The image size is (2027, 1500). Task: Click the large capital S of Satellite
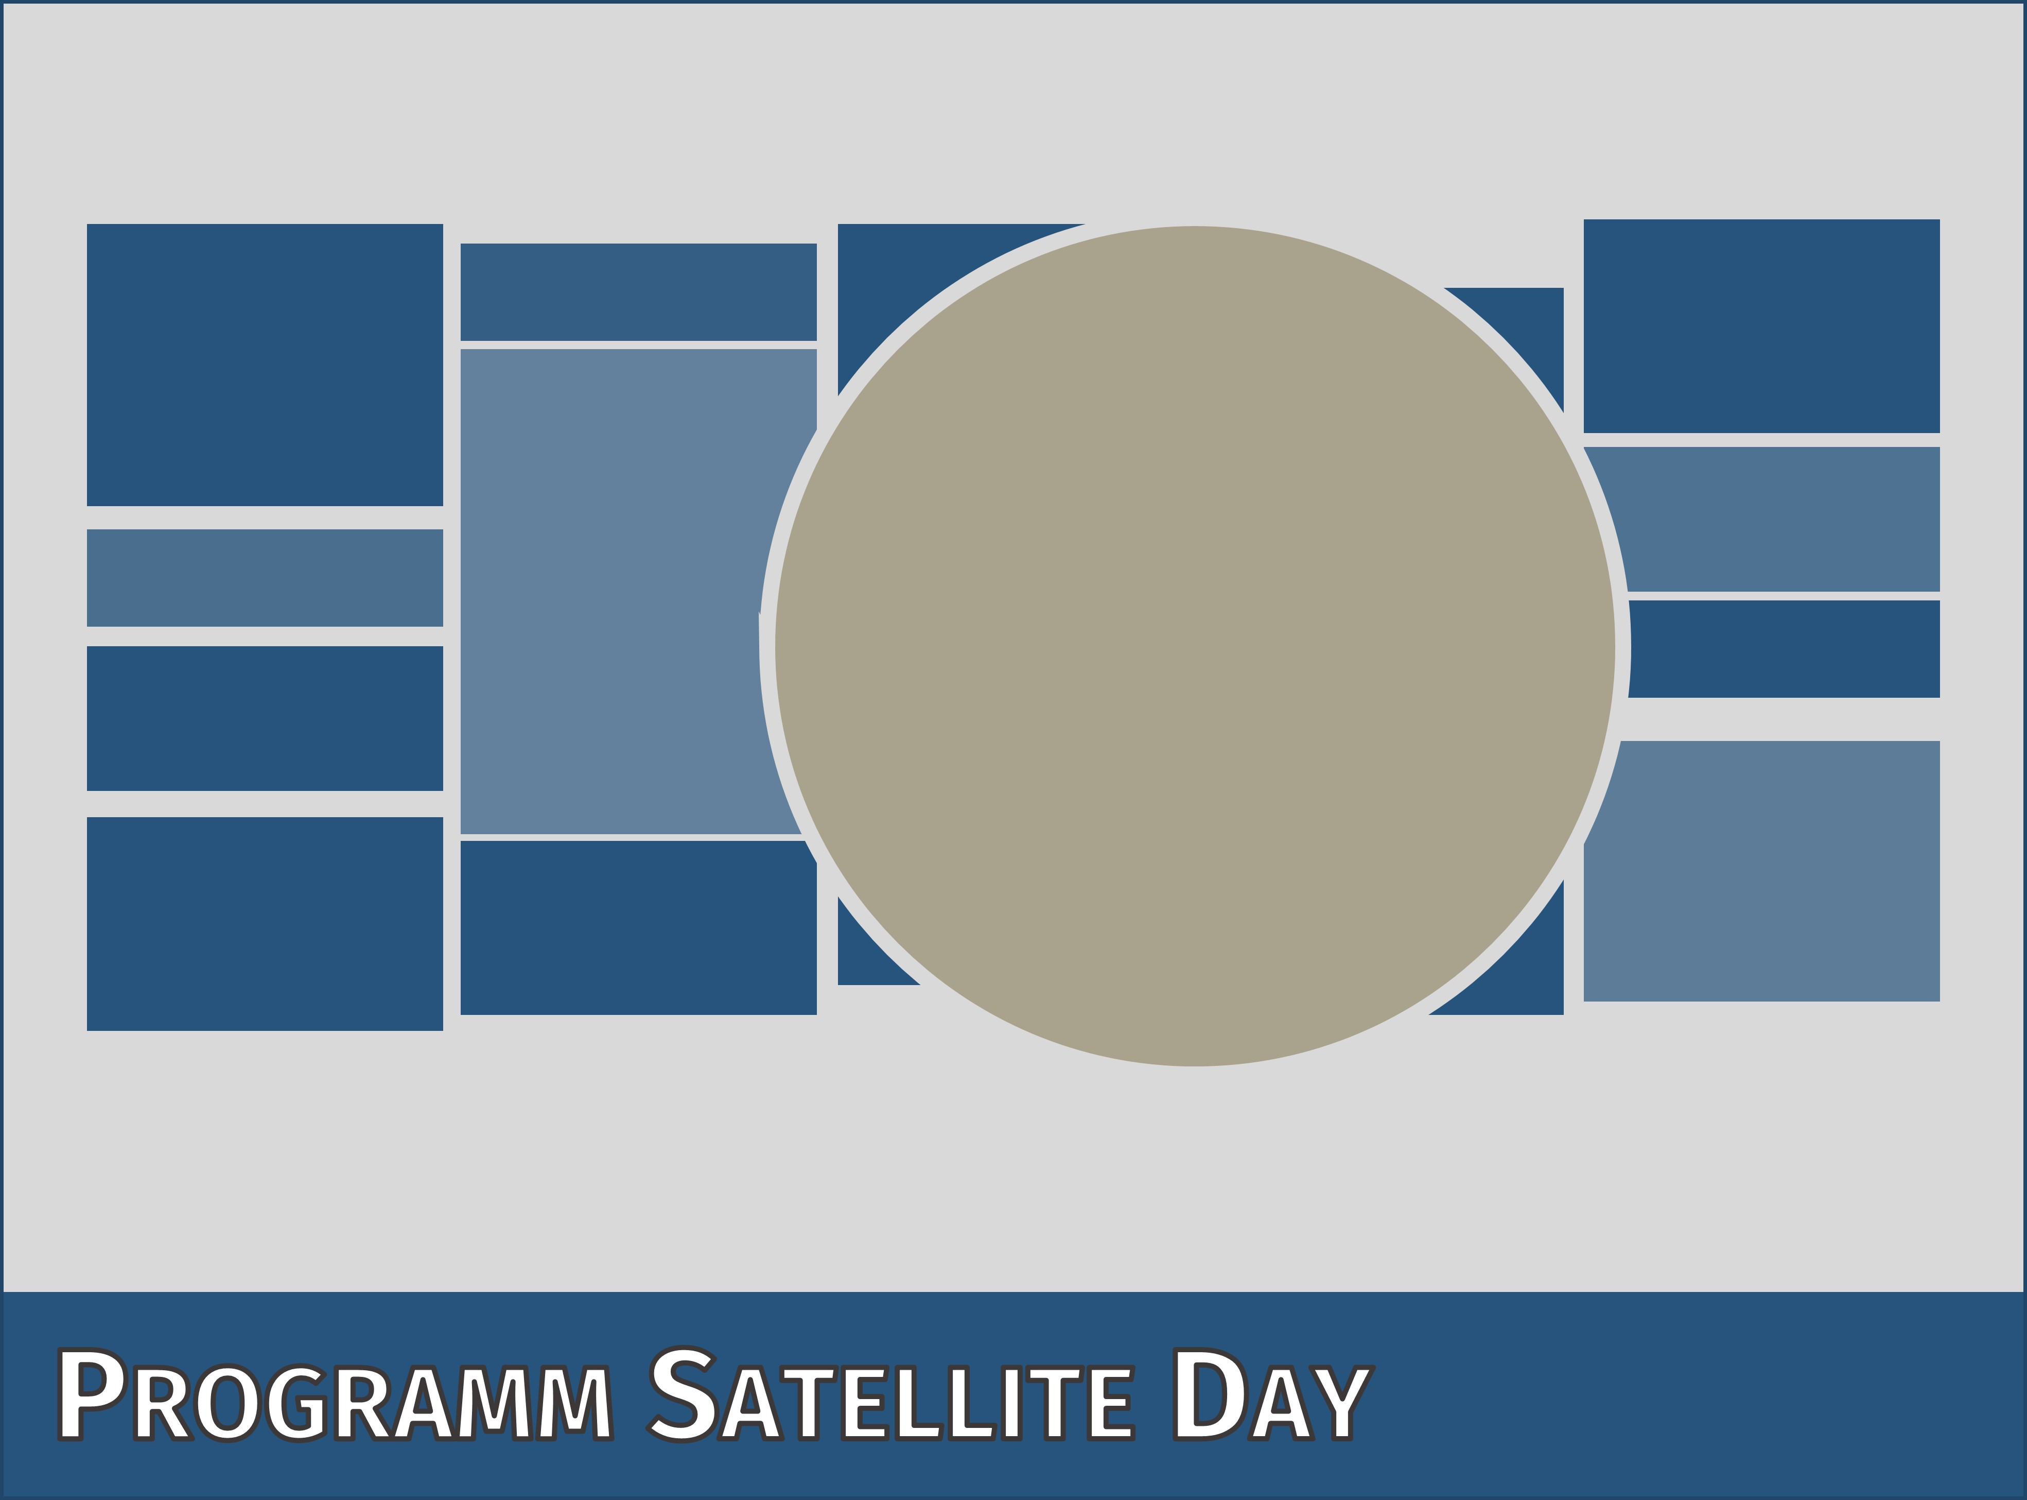pyautogui.click(x=683, y=1394)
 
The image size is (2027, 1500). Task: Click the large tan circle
pyautogui.click(x=1195, y=646)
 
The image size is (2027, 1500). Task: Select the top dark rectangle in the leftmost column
pyautogui.click(x=265, y=365)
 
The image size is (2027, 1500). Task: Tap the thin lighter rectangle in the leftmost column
pyautogui.click(x=265, y=577)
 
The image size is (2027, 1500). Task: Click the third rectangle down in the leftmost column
pyautogui.click(x=265, y=718)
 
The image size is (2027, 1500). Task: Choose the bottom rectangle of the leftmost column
pyautogui.click(x=265, y=923)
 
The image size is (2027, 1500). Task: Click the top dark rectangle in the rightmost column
pyautogui.click(x=1762, y=326)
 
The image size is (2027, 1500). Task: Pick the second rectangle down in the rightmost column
pyautogui.click(x=1770, y=519)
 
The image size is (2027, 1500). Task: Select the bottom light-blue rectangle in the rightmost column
pyautogui.click(x=1770, y=872)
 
